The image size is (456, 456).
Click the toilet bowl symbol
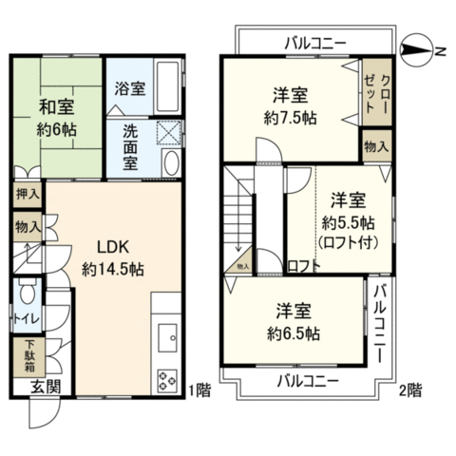pyautogui.click(x=28, y=291)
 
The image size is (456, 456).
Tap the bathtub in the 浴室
pyautogui.click(x=167, y=86)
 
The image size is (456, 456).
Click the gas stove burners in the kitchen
pyautogui.click(x=167, y=380)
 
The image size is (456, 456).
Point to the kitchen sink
pyautogui.click(x=167, y=337)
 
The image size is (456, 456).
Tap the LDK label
pyautogui.click(x=113, y=247)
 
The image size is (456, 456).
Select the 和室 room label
pyautogui.click(x=57, y=106)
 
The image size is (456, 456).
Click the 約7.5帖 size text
pyautogui.click(x=290, y=119)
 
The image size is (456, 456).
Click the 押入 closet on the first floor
pyautogui.click(x=28, y=194)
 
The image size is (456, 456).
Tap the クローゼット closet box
pyautogui.click(x=377, y=92)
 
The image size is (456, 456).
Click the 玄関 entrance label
pyautogui.click(x=46, y=387)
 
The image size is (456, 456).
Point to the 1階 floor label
pyautogui.click(x=199, y=390)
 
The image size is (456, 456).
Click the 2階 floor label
pyautogui.click(x=410, y=390)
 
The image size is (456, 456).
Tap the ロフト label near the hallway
pyautogui.click(x=303, y=266)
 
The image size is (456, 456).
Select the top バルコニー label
pyautogui.click(x=315, y=44)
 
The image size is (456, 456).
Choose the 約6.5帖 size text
pyautogui.click(x=294, y=333)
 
